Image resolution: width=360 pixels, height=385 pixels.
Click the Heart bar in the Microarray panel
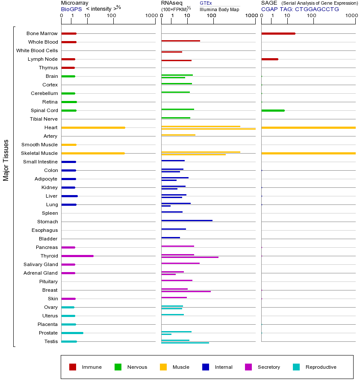[x=93, y=127]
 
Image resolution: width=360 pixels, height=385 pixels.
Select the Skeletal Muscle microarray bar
[x=93, y=153]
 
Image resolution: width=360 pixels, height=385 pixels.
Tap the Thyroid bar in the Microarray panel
[x=77, y=256]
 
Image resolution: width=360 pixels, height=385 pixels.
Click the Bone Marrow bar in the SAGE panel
[x=278, y=33]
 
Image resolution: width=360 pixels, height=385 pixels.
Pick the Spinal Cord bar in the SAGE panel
[x=273, y=110]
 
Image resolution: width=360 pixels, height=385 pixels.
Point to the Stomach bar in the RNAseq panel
[x=187, y=220]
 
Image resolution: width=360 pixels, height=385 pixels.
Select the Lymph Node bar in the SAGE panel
[x=270, y=59]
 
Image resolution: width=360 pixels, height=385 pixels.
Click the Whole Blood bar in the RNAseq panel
[x=180, y=41]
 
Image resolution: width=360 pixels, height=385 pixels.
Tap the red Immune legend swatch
[x=73, y=367]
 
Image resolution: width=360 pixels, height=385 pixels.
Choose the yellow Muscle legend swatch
[x=163, y=367]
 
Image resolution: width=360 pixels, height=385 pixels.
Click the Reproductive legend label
[x=321, y=367]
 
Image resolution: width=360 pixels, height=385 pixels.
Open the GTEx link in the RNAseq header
[x=206, y=3]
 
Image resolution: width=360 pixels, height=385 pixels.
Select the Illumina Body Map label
[x=219, y=9]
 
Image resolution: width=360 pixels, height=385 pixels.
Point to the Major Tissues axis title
[x=6, y=160]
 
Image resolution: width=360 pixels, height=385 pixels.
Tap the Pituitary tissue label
[x=48, y=281]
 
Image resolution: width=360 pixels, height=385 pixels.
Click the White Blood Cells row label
[x=37, y=50]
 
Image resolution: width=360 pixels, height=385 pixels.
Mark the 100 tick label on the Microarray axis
[x=112, y=16]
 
